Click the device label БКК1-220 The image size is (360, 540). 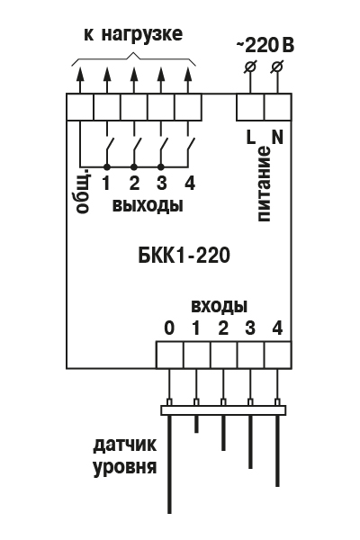point(184,256)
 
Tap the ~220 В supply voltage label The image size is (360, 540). point(265,46)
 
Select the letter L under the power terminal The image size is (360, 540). point(251,137)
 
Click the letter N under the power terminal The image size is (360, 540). point(277,137)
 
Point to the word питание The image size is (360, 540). point(263,184)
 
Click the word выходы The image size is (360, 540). point(148,205)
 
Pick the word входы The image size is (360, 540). point(219,306)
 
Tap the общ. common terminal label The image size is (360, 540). point(84,191)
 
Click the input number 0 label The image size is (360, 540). point(169,328)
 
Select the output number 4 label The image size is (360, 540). point(190,183)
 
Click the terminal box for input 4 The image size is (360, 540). point(278,355)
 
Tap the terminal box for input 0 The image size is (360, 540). point(169,355)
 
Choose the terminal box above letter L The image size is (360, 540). point(251,107)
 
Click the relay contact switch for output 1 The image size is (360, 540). point(109,148)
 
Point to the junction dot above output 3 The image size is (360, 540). point(160,167)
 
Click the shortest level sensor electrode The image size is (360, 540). point(196,424)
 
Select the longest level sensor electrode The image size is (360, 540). point(169,464)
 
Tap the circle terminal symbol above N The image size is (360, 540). point(278,66)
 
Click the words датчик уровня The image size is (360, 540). point(125,456)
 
